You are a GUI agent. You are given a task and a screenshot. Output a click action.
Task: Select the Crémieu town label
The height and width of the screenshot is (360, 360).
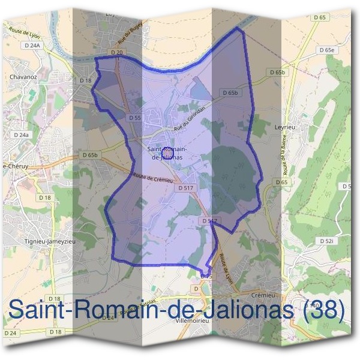click(264, 296)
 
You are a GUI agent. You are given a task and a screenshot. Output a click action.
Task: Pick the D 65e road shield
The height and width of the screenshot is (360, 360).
click(326, 50)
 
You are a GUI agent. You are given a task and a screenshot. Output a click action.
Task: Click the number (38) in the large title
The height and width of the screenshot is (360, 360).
click(324, 310)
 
